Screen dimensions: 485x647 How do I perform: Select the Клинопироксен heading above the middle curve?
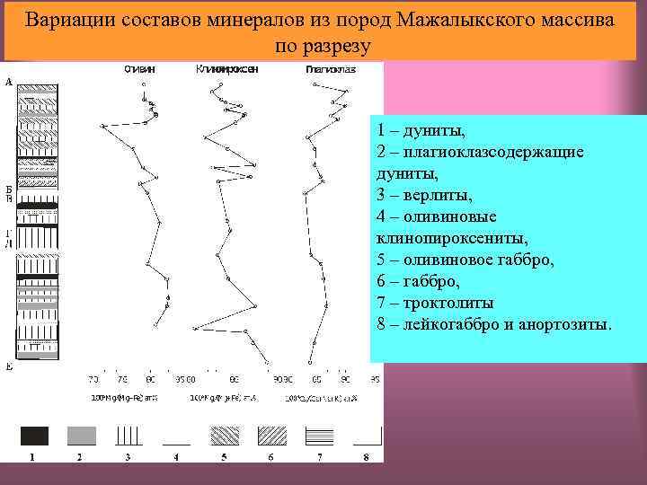click(227, 69)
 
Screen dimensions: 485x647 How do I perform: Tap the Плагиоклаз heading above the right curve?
click(330, 69)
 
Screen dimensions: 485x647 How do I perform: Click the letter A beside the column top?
click(9, 82)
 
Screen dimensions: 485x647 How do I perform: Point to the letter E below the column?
click(9, 366)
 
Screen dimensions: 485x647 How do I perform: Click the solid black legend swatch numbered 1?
click(34, 436)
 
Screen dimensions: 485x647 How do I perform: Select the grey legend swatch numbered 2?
click(81, 436)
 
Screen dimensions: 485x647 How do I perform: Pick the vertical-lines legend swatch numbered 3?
click(129, 436)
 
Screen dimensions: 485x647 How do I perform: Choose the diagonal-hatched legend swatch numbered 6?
click(271, 436)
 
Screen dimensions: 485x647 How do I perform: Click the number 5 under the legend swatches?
click(223, 457)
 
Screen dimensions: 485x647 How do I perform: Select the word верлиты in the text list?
click(437, 195)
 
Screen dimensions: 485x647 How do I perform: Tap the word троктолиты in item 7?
click(449, 303)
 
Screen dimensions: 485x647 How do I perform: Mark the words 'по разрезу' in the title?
click(322, 44)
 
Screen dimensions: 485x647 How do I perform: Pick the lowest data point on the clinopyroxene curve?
click(267, 364)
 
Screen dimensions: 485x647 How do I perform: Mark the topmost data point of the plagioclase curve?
click(314, 84)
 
